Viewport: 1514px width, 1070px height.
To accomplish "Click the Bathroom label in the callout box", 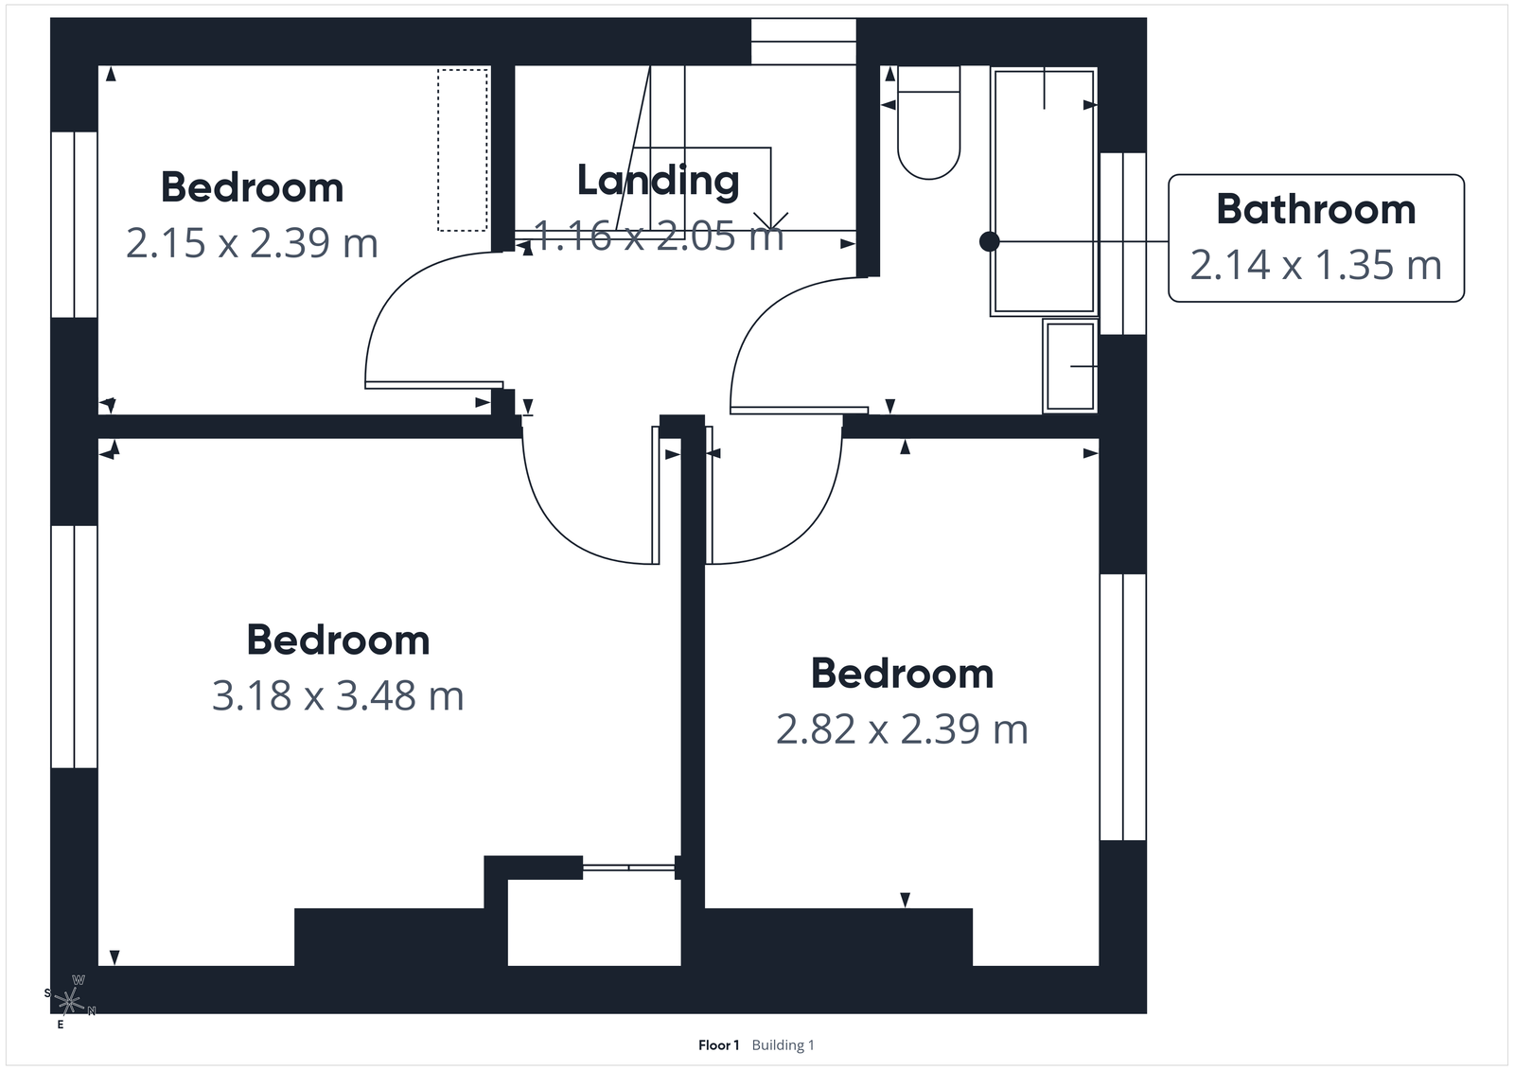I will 1315,209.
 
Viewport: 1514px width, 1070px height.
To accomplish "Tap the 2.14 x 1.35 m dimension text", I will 1315,265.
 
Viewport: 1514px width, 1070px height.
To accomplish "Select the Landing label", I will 658,180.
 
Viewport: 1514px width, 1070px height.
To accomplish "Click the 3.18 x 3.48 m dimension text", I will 338,696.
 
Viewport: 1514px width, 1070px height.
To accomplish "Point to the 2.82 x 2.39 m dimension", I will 902,729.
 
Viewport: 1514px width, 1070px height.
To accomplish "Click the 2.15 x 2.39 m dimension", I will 252,243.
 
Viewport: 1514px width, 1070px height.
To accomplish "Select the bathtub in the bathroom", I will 1044,189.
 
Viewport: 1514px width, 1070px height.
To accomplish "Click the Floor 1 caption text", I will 718,1045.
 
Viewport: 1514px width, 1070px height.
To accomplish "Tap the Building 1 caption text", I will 783,1045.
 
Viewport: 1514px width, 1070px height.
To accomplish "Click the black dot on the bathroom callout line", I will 989,241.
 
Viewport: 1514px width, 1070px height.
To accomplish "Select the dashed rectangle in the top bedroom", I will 463,149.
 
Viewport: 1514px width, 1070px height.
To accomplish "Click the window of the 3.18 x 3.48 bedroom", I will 74,646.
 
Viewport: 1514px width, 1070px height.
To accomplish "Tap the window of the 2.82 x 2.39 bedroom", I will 1122,707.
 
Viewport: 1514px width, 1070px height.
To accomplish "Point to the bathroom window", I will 1122,243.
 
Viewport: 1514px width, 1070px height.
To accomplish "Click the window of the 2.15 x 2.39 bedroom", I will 74,224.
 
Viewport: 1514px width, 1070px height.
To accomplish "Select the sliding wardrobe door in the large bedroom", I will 629,867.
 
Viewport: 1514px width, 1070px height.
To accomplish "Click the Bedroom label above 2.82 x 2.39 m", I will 902,674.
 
